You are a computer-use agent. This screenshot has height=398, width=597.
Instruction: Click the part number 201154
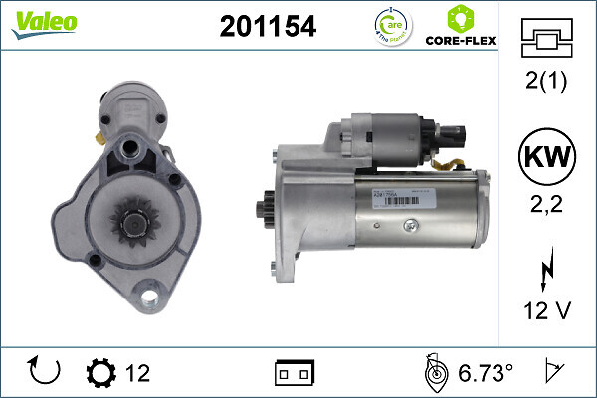tap(267, 28)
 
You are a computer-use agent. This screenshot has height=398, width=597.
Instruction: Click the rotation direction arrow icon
tap(46, 372)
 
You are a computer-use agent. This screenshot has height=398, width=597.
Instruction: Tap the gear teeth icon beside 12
tap(101, 373)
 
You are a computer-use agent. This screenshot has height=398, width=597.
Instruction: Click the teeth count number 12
tap(137, 373)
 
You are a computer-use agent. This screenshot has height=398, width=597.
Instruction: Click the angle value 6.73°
tap(486, 373)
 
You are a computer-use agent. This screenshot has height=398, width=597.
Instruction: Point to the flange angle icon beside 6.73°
tap(434, 372)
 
